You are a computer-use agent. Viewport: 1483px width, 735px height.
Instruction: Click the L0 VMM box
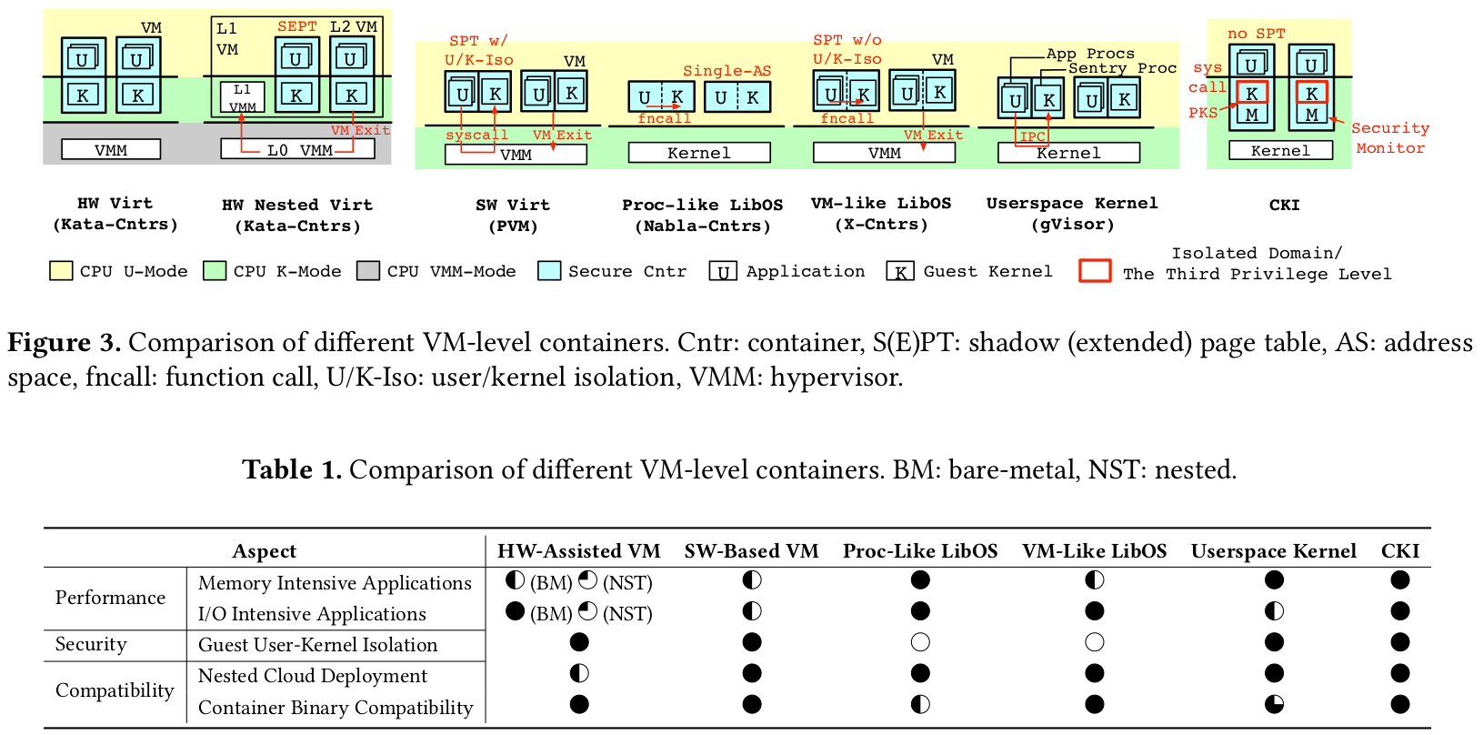tap(297, 149)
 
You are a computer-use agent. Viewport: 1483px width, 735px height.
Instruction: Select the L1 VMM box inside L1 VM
tap(242, 97)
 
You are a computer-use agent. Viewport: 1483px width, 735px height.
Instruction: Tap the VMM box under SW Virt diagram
tap(516, 155)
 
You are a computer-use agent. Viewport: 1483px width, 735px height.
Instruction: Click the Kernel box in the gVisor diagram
tap(1068, 153)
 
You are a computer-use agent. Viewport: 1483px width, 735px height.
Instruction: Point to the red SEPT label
tap(297, 26)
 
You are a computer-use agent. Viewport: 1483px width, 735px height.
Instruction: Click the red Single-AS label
tap(726, 71)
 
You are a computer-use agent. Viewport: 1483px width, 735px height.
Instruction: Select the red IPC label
tap(1032, 137)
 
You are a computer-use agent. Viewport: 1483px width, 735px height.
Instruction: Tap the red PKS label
tap(1202, 113)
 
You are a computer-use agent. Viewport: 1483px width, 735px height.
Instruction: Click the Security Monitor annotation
tap(1390, 138)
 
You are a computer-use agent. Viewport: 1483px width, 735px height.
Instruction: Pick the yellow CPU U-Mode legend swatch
tap(61, 271)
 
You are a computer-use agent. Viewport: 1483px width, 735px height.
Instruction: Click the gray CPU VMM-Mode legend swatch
tap(368, 271)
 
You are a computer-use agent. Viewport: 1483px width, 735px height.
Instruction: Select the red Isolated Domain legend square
tap(1095, 271)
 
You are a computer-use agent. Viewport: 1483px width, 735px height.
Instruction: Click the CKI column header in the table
tap(1399, 551)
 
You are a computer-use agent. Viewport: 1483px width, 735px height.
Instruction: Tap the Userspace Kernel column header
tap(1273, 551)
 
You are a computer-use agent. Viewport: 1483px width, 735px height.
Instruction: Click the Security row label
tap(91, 644)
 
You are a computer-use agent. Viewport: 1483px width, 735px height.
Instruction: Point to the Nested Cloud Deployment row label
tap(312, 676)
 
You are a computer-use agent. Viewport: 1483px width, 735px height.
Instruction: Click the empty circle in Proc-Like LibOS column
tap(920, 643)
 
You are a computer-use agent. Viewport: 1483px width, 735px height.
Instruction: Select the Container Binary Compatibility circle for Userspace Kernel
tap(1274, 704)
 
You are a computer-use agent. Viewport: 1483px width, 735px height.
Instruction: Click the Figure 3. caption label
tap(64, 343)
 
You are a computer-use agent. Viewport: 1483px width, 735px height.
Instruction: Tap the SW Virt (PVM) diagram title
tap(513, 216)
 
